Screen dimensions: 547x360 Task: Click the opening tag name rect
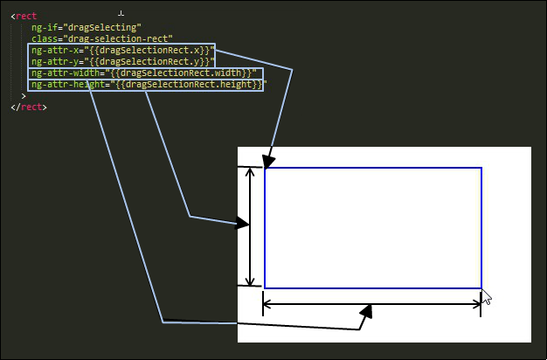[x=26, y=17]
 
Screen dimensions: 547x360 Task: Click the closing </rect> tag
[x=29, y=107]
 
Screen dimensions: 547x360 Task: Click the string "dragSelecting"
[x=102, y=28]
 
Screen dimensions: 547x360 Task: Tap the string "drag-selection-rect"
[x=121, y=38]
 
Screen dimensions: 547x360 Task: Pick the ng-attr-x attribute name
[x=55, y=50]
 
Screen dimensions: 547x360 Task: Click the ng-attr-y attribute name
[x=55, y=62]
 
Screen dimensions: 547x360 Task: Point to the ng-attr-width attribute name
[x=66, y=73]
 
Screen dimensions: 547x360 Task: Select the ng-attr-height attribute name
[x=68, y=85]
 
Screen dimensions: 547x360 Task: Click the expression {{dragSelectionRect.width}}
[x=181, y=73]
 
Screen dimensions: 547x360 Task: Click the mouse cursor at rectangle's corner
[x=487, y=297]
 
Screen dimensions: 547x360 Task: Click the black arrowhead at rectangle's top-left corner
[x=268, y=163]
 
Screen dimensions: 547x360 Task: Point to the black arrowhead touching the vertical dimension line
[x=242, y=224]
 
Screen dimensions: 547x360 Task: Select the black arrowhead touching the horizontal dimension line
[x=366, y=312]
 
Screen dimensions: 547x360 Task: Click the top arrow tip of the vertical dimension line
[x=250, y=168]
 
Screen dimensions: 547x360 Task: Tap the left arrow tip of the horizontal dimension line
[x=263, y=304]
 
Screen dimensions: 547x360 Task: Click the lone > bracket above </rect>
[x=24, y=96]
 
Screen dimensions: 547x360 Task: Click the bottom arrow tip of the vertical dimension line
[x=250, y=286]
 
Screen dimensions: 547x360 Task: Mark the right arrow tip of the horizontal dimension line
[x=481, y=305]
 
